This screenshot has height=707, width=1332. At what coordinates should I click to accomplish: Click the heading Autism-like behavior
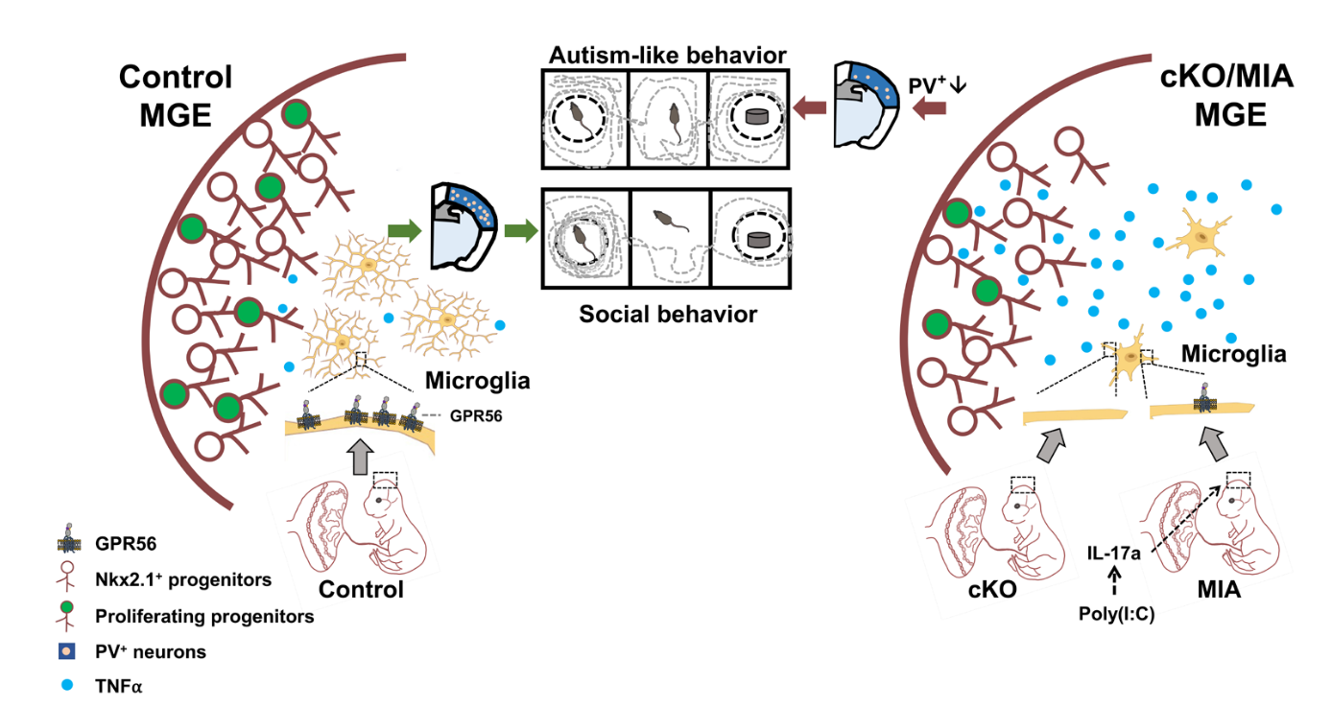click(667, 53)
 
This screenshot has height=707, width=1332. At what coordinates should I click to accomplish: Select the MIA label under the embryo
click(1220, 589)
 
